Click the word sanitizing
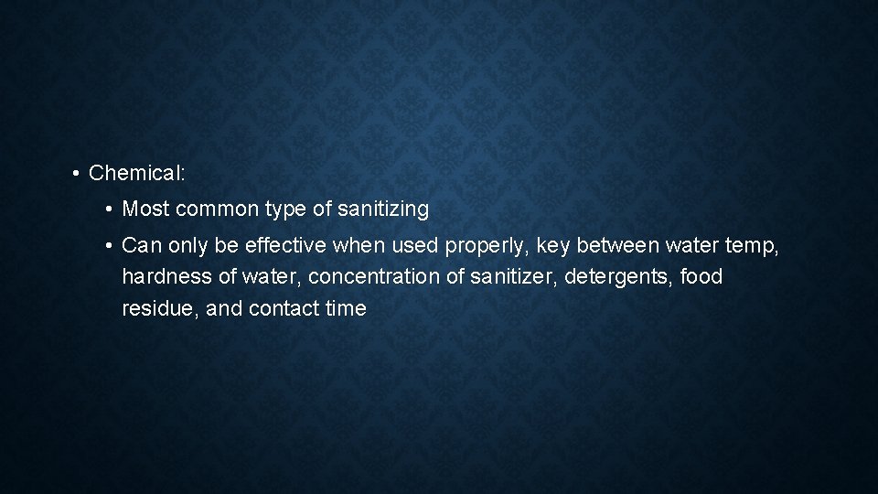(x=383, y=209)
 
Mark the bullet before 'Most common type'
(x=109, y=209)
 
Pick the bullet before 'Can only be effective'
(x=109, y=245)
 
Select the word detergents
(x=619, y=276)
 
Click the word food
(x=701, y=276)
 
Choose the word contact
(x=284, y=308)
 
